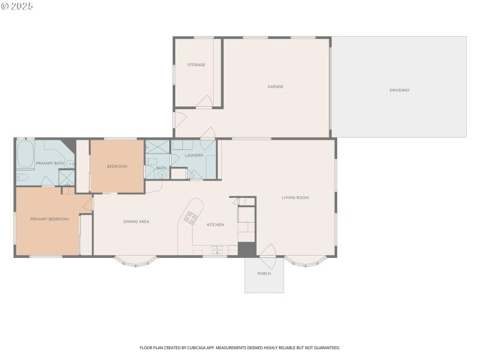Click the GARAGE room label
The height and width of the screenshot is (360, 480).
click(275, 87)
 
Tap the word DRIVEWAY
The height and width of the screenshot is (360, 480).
click(400, 90)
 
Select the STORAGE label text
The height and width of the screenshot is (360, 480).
click(196, 65)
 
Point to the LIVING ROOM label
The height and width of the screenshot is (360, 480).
click(295, 197)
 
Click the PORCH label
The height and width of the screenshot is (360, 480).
click(264, 274)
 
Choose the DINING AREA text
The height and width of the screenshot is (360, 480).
click(136, 222)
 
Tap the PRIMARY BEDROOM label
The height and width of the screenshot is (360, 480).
click(49, 219)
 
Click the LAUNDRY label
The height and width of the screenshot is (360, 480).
click(194, 155)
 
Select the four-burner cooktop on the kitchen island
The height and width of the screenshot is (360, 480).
click(191, 218)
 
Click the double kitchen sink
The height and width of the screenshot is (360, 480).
click(217, 250)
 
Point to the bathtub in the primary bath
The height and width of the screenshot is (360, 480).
click(25, 155)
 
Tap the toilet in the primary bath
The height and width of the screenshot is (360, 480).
click(22, 178)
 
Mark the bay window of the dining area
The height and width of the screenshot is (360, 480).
click(136, 261)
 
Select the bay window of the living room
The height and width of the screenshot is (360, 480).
click(305, 261)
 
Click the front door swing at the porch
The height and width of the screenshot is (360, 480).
click(268, 253)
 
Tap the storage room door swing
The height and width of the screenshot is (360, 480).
click(205, 101)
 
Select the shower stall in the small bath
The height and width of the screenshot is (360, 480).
click(157, 147)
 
